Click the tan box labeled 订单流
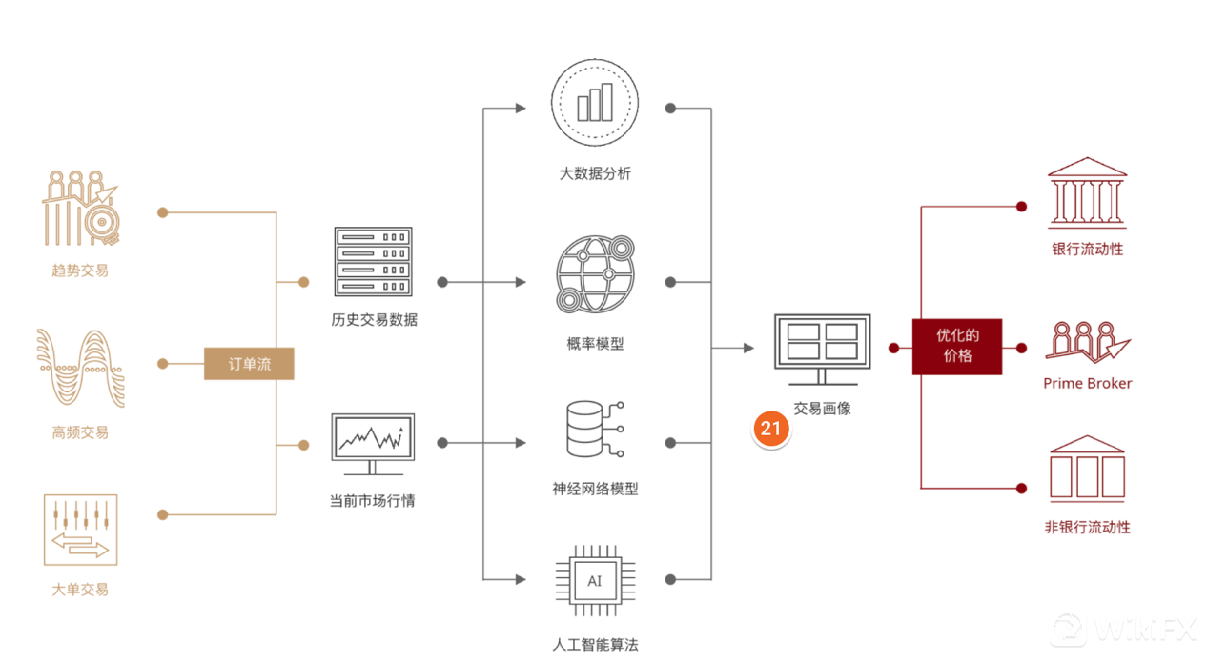pos(249,364)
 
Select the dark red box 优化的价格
pos(956,347)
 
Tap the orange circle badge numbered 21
pos(770,429)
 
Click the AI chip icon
pos(595,581)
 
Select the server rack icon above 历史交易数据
pos(373,263)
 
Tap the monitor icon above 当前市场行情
pos(373,444)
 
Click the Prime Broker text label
pos(1088,383)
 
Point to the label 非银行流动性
pos(1087,527)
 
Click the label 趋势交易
pos(80,271)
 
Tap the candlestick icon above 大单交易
pos(81,530)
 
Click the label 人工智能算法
pos(595,645)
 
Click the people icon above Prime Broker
pos(1087,340)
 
